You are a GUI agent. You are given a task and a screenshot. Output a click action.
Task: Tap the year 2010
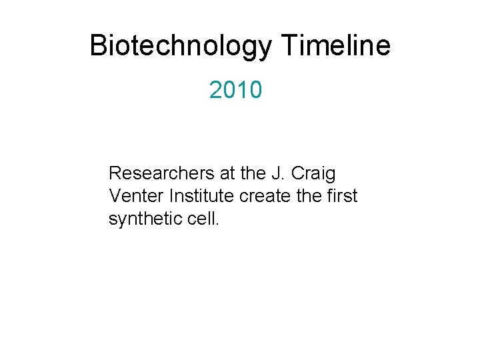point(236,90)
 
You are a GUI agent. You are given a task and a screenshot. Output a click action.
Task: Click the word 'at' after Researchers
point(227,174)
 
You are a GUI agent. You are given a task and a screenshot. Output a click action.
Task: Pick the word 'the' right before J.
point(253,174)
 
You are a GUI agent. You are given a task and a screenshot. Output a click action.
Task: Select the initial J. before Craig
point(277,174)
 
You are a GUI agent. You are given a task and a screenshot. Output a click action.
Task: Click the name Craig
point(313,175)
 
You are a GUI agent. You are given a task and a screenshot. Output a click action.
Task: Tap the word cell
point(199,219)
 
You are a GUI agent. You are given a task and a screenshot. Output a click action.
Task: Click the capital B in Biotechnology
point(98,46)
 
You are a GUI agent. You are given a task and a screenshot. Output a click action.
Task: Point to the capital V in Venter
point(114,197)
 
